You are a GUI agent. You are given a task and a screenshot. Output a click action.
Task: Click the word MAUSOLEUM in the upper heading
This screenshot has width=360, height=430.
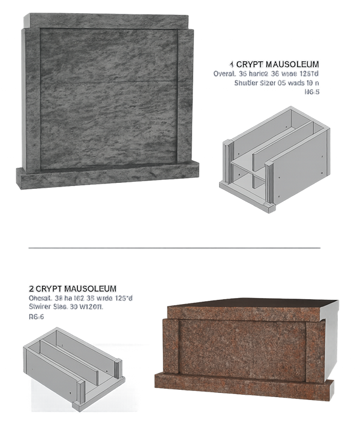[293, 64]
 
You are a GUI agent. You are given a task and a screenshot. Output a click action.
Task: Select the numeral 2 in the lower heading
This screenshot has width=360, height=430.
[31, 288]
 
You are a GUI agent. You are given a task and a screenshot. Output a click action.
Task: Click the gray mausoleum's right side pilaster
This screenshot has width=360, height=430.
[186, 96]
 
